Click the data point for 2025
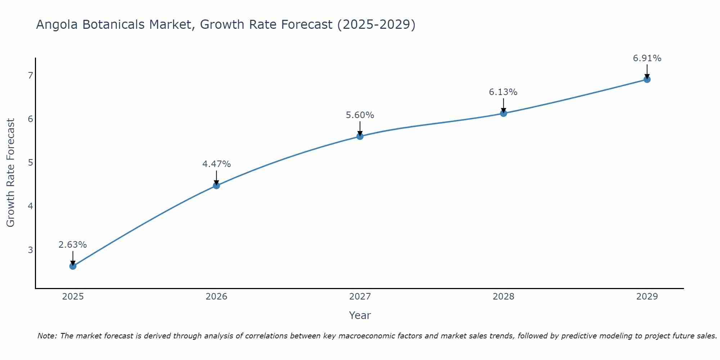click(x=73, y=266)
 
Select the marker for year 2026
click(x=216, y=185)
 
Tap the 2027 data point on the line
click(x=360, y=136)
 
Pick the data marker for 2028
click(x=503, y=113)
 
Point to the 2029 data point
click(x=647, y=79)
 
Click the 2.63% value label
click(x=73, y=245)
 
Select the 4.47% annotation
click(x=216, y=164)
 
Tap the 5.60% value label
click(x=360, y=115)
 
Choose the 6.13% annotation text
click(x=503, y=92)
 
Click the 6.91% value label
click(x=647, y=58)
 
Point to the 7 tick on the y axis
click(x=30, y=75)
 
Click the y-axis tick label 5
click(x=30, y=162)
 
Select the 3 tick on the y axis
click(x=30, y=250)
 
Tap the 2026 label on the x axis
click(x=216, y=297)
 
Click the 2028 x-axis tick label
click(x=503, y=297)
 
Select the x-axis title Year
click(x=360, y=315)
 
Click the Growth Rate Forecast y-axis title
click(x=11, y=173)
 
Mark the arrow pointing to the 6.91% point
click(x=647, y=71)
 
